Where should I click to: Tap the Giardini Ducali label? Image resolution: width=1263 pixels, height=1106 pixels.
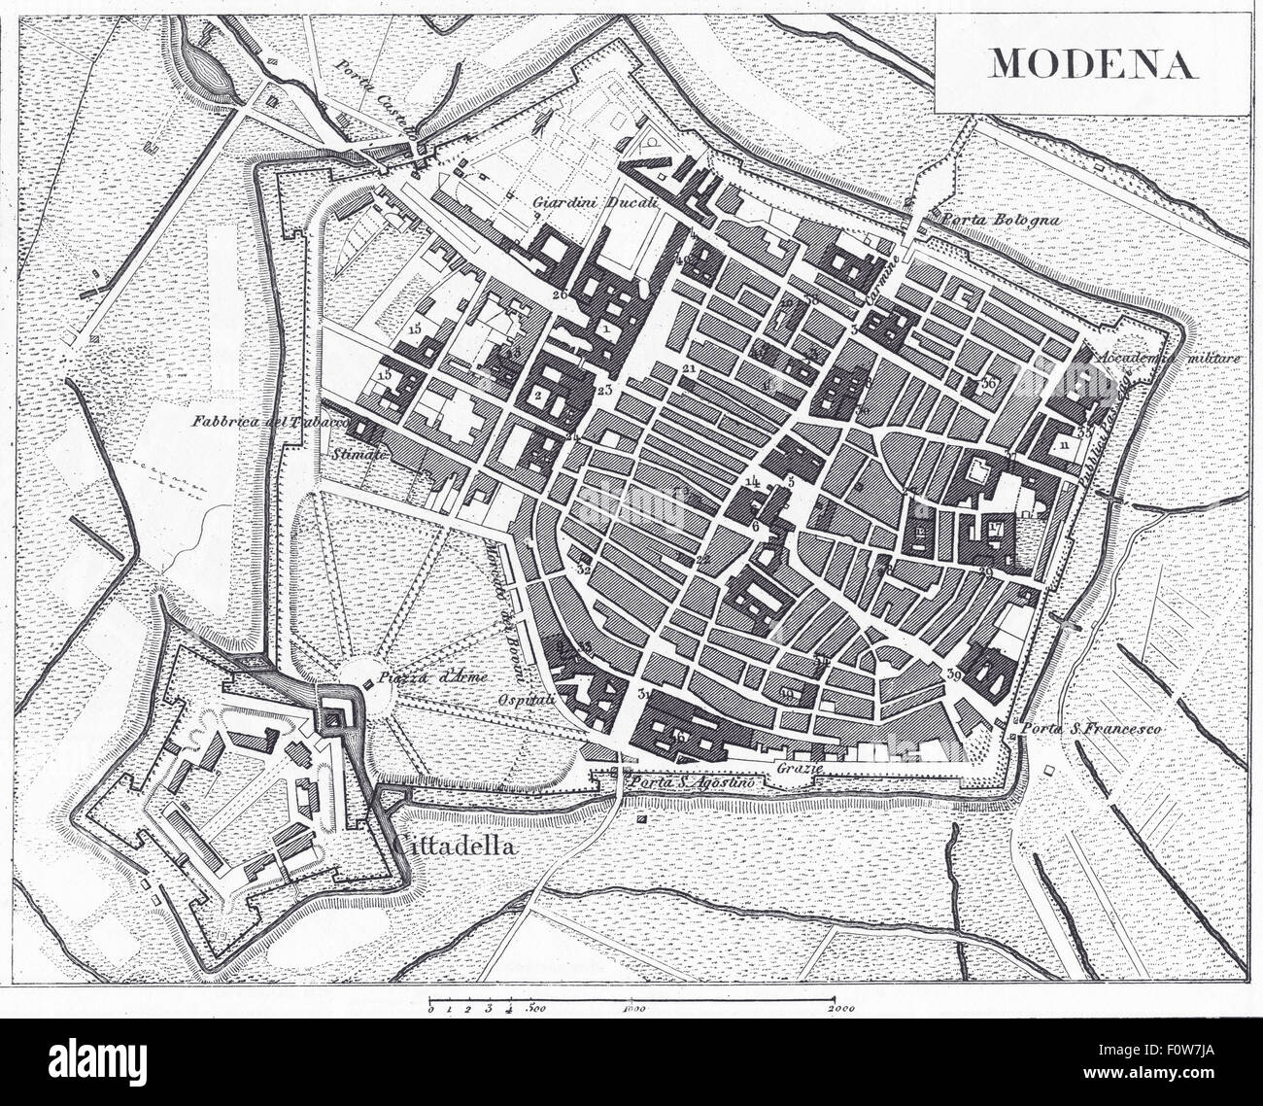point(582,203)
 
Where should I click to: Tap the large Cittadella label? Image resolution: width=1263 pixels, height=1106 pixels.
point(454,846)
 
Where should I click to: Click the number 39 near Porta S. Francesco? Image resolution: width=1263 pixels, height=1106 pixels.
point(953,674)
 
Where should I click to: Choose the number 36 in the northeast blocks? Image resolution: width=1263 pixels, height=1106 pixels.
point(989,384)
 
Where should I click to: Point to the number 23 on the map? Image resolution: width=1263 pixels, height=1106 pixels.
point(604,391)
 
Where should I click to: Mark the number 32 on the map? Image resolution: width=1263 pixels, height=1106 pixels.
point(584,570)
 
